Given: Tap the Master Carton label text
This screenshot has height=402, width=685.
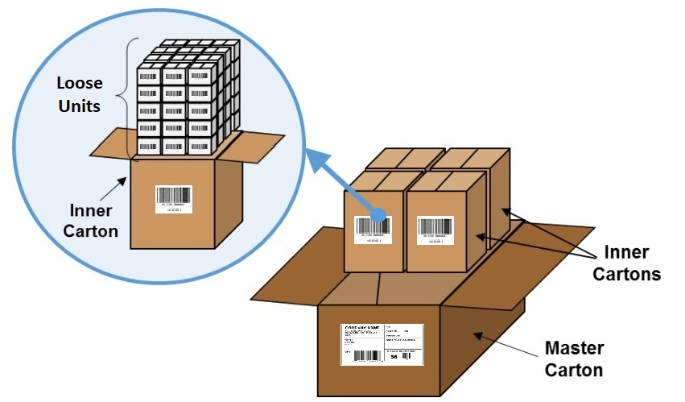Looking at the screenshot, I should [574, 359].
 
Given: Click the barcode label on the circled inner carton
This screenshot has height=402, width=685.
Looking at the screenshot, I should [174, 198].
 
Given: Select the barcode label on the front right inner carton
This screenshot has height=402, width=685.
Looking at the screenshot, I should [435, 230].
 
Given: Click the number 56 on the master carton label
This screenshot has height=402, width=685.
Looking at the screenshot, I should [394, 355].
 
